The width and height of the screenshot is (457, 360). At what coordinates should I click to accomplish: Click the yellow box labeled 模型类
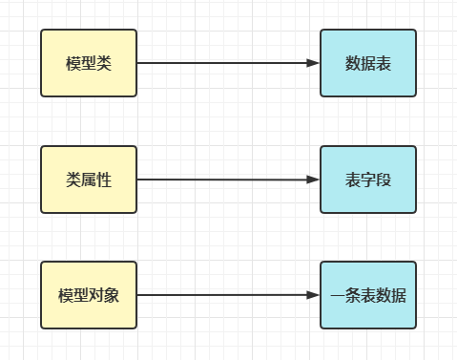[x=89, y=63]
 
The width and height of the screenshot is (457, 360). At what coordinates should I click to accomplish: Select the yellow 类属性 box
[x=89, y=180]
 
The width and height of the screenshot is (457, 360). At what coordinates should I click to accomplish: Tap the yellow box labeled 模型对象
[x=89, y=295]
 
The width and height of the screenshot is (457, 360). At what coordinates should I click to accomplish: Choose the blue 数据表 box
[x=368, y=63]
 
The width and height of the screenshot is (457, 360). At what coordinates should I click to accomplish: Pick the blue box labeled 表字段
[x=368, y=180]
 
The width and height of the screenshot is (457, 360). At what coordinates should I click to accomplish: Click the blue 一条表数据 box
[x=368, y=295]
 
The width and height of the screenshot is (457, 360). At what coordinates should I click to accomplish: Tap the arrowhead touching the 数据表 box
[x=313, y=63]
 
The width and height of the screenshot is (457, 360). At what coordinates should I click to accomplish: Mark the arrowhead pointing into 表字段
[x=313, y=180]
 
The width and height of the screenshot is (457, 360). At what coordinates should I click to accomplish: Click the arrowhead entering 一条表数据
[x=313, y=295]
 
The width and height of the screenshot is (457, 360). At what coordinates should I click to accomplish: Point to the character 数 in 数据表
[x=353, y=64]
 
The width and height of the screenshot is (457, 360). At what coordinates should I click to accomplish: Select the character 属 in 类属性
[x=89, y=180]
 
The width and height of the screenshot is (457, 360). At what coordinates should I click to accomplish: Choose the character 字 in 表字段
[x=368, y=180]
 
